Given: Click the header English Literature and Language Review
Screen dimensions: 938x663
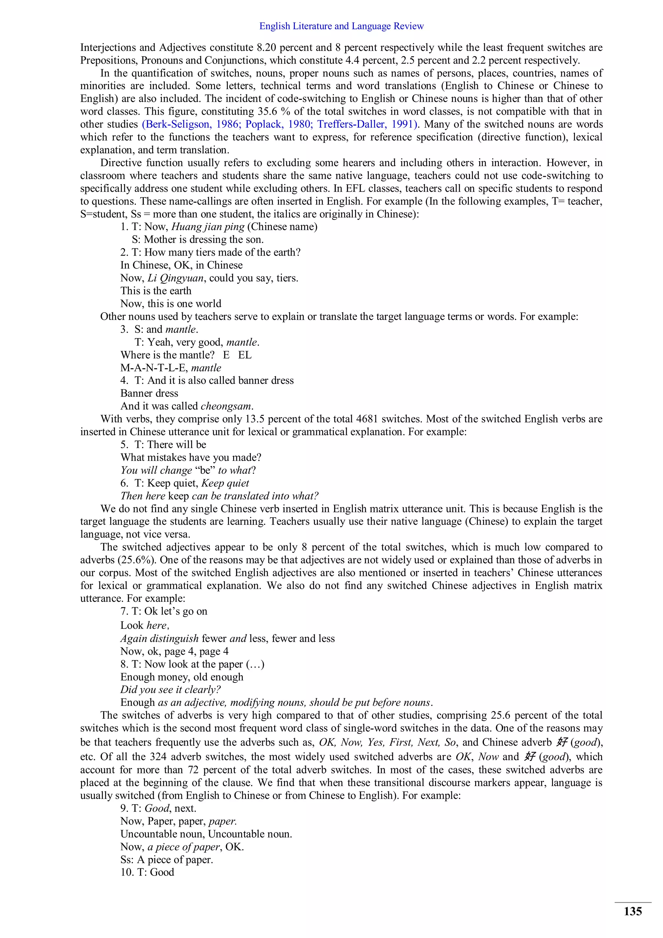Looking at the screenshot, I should [341, 26].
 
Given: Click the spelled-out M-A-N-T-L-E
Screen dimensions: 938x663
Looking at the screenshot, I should [154, 368].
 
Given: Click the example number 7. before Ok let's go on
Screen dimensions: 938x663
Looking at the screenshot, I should [124, 611].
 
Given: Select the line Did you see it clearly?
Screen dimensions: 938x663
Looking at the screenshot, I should [170, 690].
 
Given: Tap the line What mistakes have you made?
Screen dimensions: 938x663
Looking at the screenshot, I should [191, 458].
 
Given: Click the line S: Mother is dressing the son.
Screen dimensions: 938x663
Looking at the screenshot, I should [197, 239].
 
